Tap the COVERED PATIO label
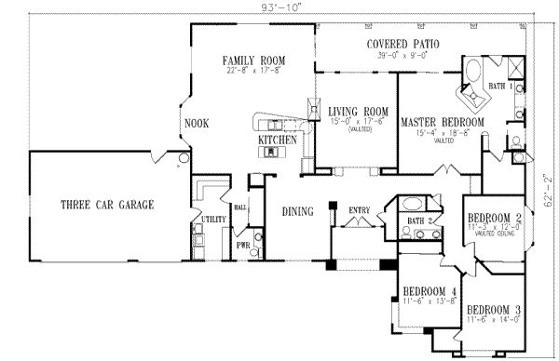pos(402,44)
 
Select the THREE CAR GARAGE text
pos(107,204)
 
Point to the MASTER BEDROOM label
pos(443,123)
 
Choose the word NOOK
pos(196,122)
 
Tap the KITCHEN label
pos(278,140)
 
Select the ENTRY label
pos(359,210)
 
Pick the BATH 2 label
pos(416,221)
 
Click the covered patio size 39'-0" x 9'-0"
pos(402,55)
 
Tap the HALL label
pos(239,208)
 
